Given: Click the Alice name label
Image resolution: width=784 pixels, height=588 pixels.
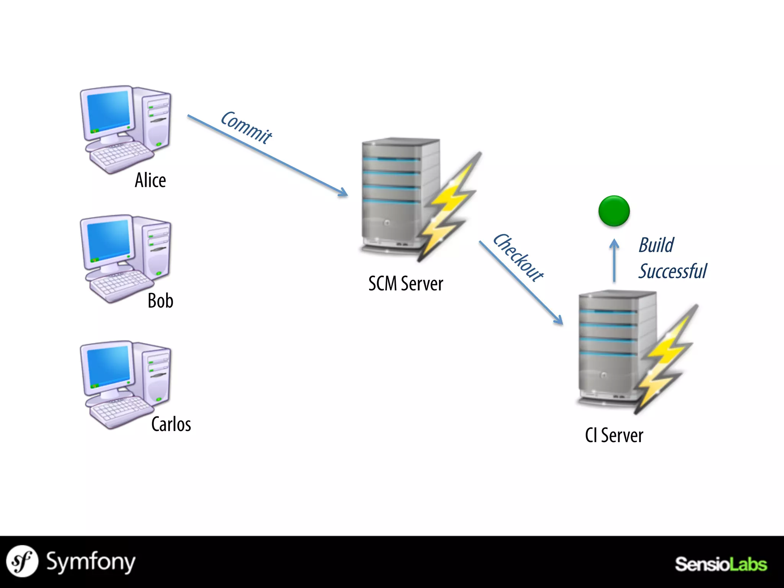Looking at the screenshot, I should pos(150,180).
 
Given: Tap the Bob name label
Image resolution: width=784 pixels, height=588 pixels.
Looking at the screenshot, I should pos(160,301).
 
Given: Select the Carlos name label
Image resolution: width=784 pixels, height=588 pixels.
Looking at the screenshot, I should pos(171,424).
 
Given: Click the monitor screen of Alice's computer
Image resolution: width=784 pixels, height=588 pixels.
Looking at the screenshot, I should pos(108,111).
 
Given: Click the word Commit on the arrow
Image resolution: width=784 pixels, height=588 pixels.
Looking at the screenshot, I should pos(246,127).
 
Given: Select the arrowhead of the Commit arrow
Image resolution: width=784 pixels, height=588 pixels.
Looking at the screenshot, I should pos(343,193).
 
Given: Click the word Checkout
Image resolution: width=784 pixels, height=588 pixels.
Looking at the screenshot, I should pos(518,258).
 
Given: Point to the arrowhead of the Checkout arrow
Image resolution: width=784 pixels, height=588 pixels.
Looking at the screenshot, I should pos(559,320).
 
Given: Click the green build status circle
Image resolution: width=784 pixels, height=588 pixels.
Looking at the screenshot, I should pos(614,211).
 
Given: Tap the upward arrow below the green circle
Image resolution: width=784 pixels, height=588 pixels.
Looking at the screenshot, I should pos(614,260).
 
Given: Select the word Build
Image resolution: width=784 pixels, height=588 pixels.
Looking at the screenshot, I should pos(656,245).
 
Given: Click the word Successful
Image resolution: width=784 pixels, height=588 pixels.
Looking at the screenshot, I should pos(673,271).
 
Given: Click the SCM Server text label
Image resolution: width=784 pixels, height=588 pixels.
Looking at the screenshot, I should pos(405,284).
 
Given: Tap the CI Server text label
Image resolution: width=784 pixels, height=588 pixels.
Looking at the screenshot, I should pos(614,435).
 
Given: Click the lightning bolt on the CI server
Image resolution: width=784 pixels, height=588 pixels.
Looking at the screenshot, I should pos(666,360).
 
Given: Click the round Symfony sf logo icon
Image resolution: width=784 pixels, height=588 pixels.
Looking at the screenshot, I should pos(22,561).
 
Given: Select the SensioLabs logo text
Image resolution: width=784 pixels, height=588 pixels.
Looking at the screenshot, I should pos(720,564).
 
